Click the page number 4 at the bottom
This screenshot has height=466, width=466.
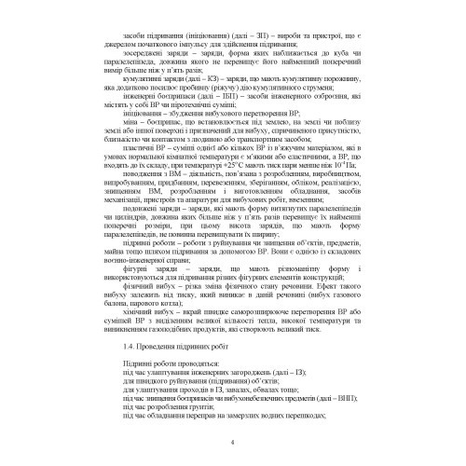click(232, 443)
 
